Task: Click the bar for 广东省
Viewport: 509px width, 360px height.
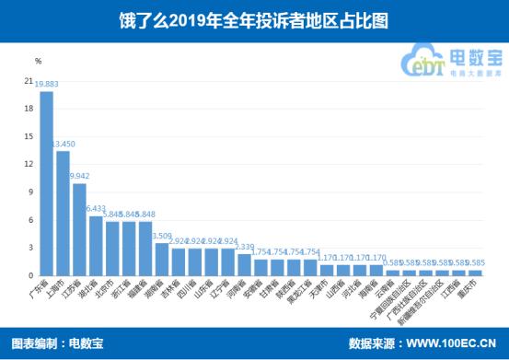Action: tap(46, 183)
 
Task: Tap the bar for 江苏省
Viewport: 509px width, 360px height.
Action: tap(79, 229)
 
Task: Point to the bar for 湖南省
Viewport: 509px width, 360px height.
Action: tap(162, 259)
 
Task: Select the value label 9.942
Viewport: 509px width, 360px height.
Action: tap(80, 175)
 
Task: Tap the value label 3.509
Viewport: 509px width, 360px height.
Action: tap(162, 235)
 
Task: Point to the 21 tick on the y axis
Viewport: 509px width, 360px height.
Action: tap(29, 81)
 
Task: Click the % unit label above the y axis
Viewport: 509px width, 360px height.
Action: tap(38, 61)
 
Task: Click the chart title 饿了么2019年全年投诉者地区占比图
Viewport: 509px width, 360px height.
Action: tap(254, 17)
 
